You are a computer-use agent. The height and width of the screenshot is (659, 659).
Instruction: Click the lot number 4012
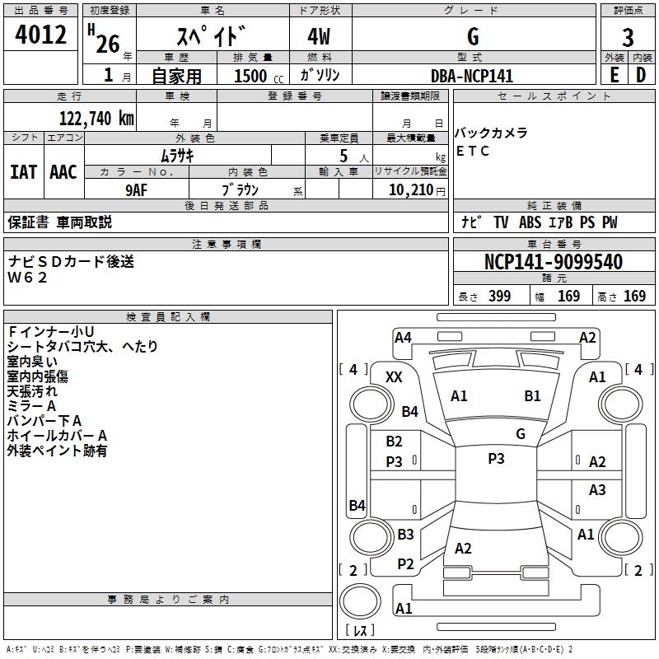click(40, 35)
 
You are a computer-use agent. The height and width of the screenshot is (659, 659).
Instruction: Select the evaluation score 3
click(628, 38)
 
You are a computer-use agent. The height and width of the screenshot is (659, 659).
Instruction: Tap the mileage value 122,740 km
click(96, 119)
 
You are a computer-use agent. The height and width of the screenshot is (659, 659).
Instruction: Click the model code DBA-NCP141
click(472, 76)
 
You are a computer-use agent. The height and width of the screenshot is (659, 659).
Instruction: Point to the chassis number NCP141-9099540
click(554, 262)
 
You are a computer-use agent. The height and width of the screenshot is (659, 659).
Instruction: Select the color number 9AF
click(137, 190)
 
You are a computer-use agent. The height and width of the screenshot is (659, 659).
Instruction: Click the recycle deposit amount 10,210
click(411, 190)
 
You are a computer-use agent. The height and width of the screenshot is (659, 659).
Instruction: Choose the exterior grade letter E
click(614, 75)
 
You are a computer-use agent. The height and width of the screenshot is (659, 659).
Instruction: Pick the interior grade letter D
click(641, 75)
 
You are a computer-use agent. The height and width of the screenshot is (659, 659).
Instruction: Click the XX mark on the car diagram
click(394, 377)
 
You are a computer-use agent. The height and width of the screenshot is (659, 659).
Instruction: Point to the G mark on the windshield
click(521, 433)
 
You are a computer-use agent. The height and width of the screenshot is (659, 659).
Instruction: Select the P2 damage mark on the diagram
click(405, 564)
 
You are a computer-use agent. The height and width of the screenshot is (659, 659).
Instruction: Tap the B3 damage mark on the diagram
click(405, 534)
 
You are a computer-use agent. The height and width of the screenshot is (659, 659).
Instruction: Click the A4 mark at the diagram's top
click(403, 338)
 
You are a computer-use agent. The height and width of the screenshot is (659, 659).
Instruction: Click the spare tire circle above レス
click(360, 601)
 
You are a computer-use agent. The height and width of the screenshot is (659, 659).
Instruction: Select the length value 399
click(499, 296)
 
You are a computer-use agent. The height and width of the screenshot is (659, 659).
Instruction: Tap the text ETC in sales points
click(472, 151)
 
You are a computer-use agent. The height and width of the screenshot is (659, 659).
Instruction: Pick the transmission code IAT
click(23, 172)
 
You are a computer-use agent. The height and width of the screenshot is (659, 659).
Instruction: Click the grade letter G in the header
click(473, 36)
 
